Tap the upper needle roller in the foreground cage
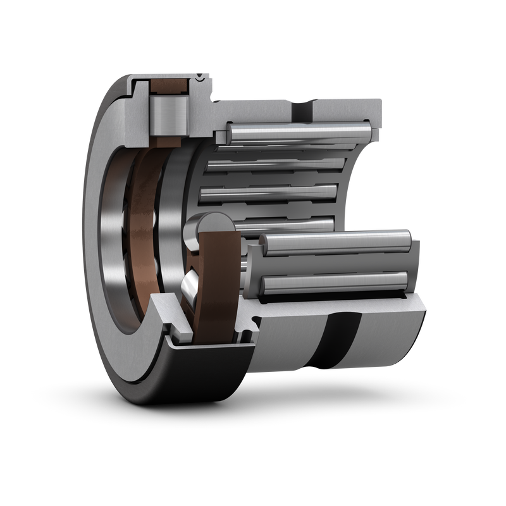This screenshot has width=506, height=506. pos(335,241)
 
